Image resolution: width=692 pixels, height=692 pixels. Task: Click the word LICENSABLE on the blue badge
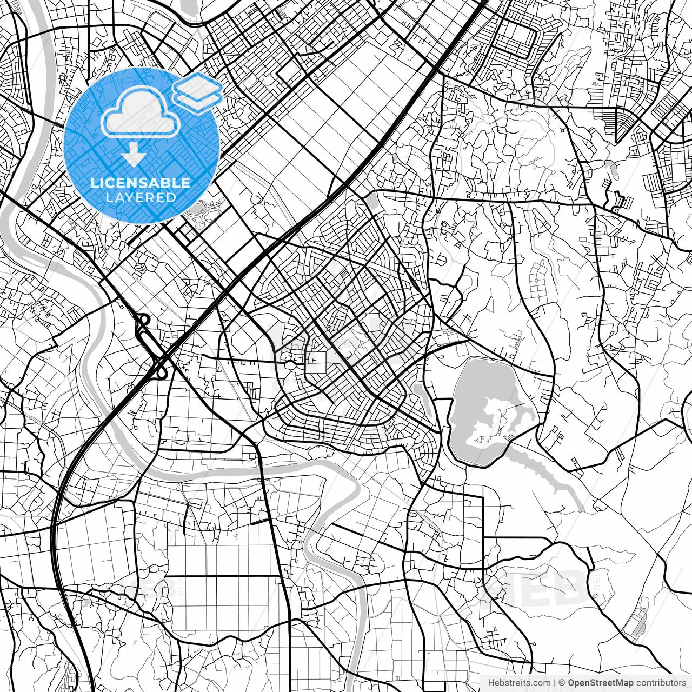click(141, 183)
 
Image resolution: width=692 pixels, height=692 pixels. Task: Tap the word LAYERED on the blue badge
click(141, 197)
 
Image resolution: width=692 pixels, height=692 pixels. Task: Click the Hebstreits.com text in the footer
click(519, 683)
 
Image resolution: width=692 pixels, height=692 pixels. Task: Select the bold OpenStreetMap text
click(600, 683)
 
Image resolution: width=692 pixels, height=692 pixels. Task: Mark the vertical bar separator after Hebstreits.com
click(555, 683)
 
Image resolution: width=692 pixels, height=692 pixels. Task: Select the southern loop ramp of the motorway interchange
click(161, 369)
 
